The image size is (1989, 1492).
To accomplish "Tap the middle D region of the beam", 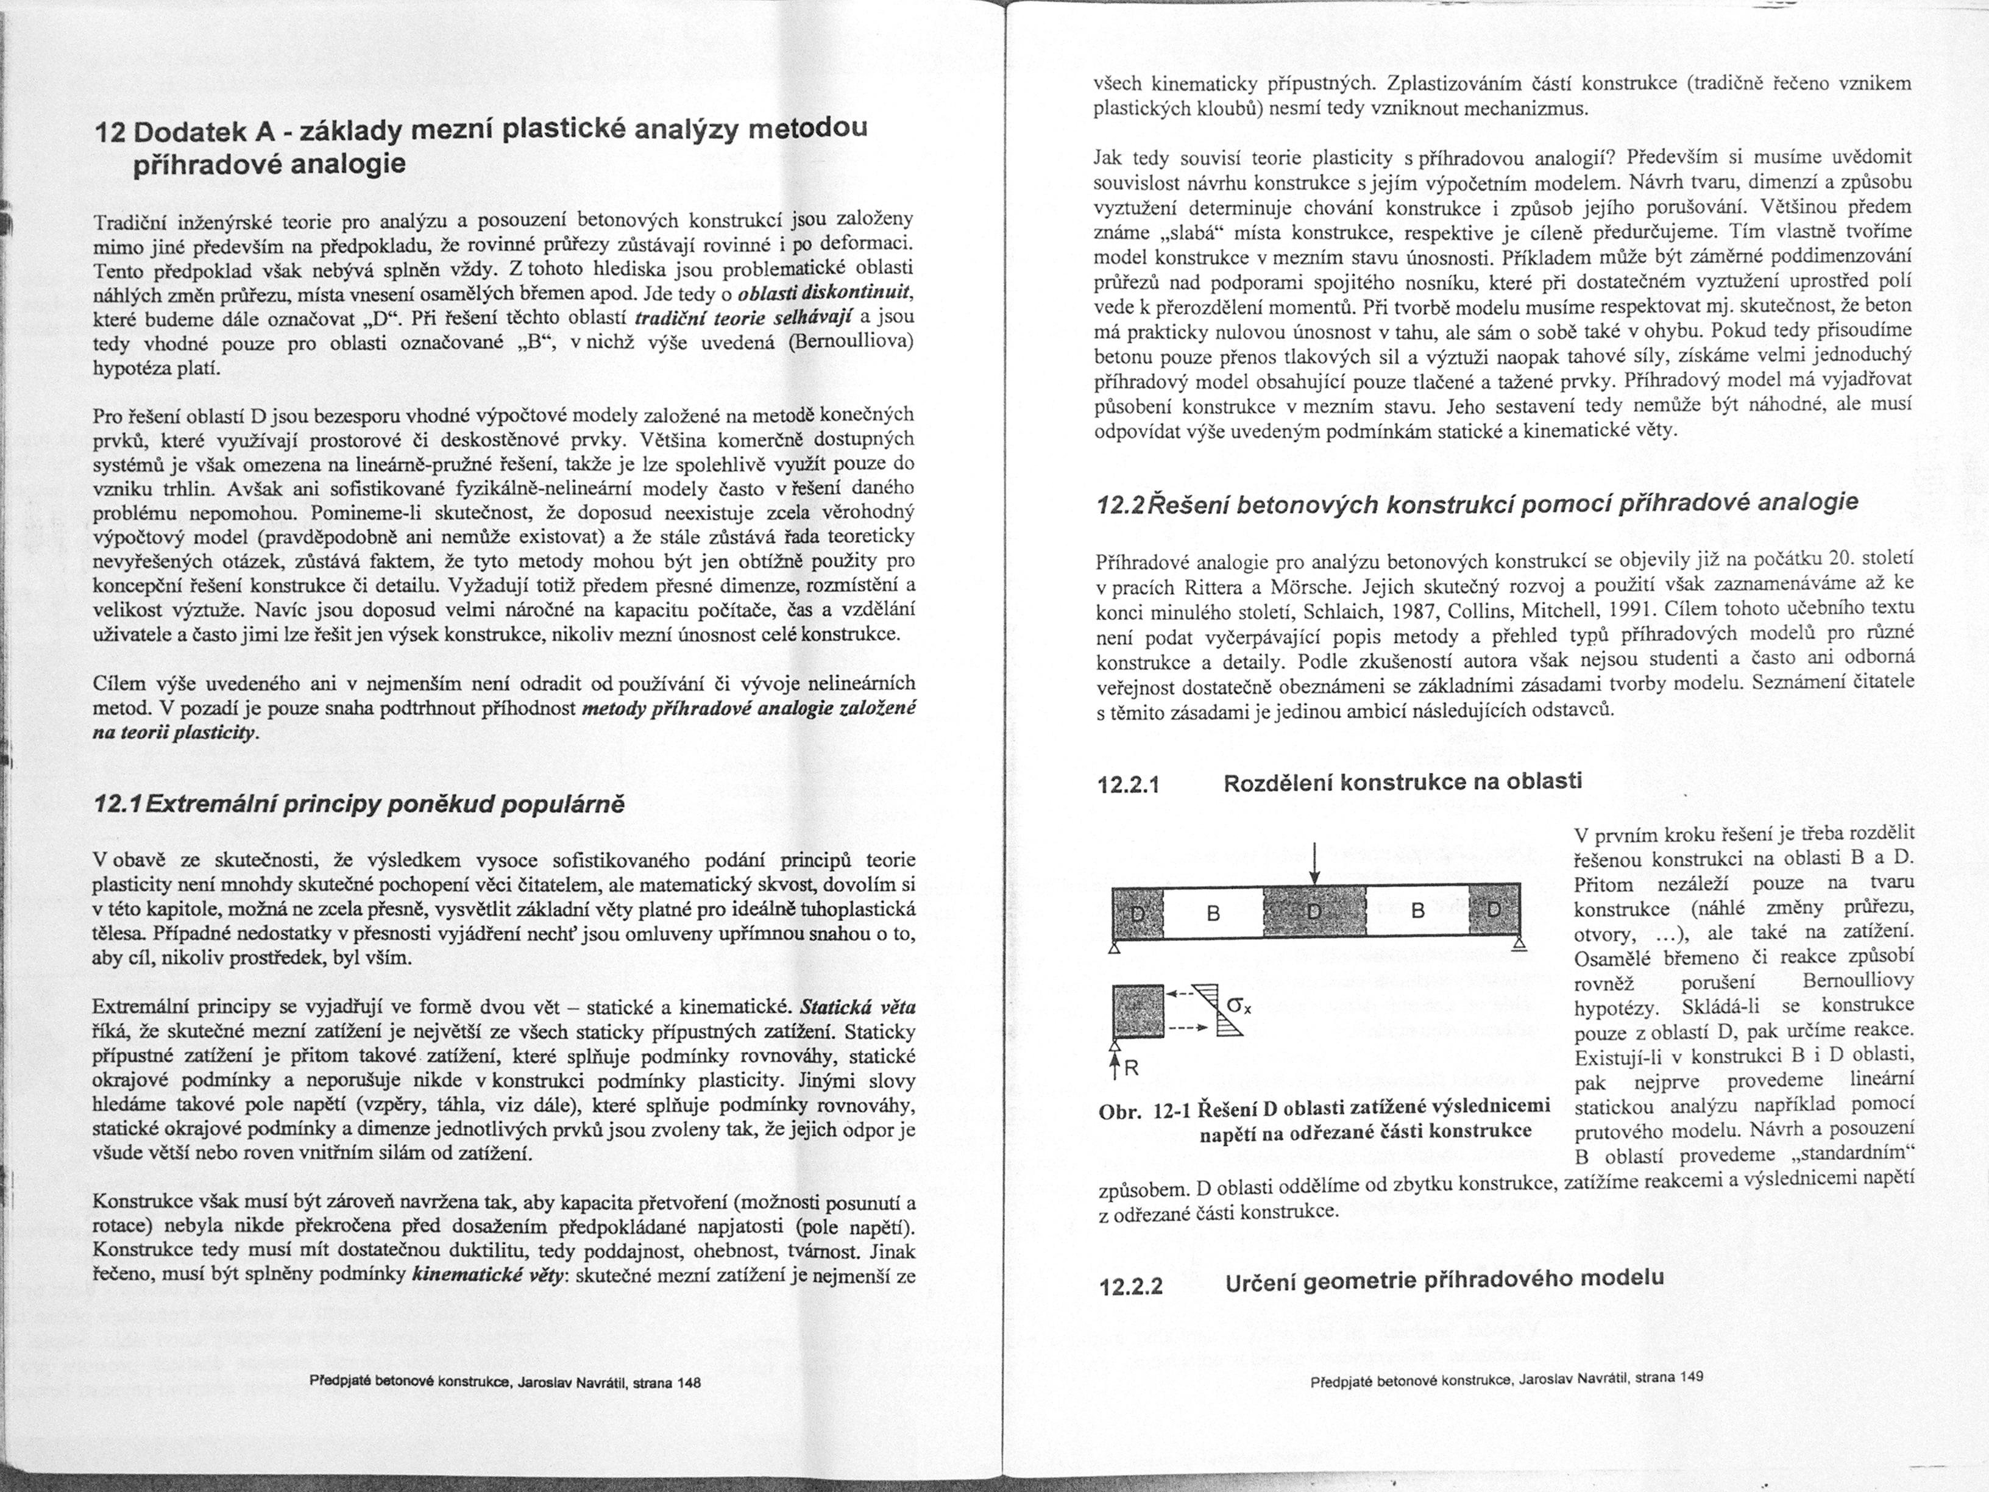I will (x=1314, y=911).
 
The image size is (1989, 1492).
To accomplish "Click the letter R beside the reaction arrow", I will (x=1130, y=1069).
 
